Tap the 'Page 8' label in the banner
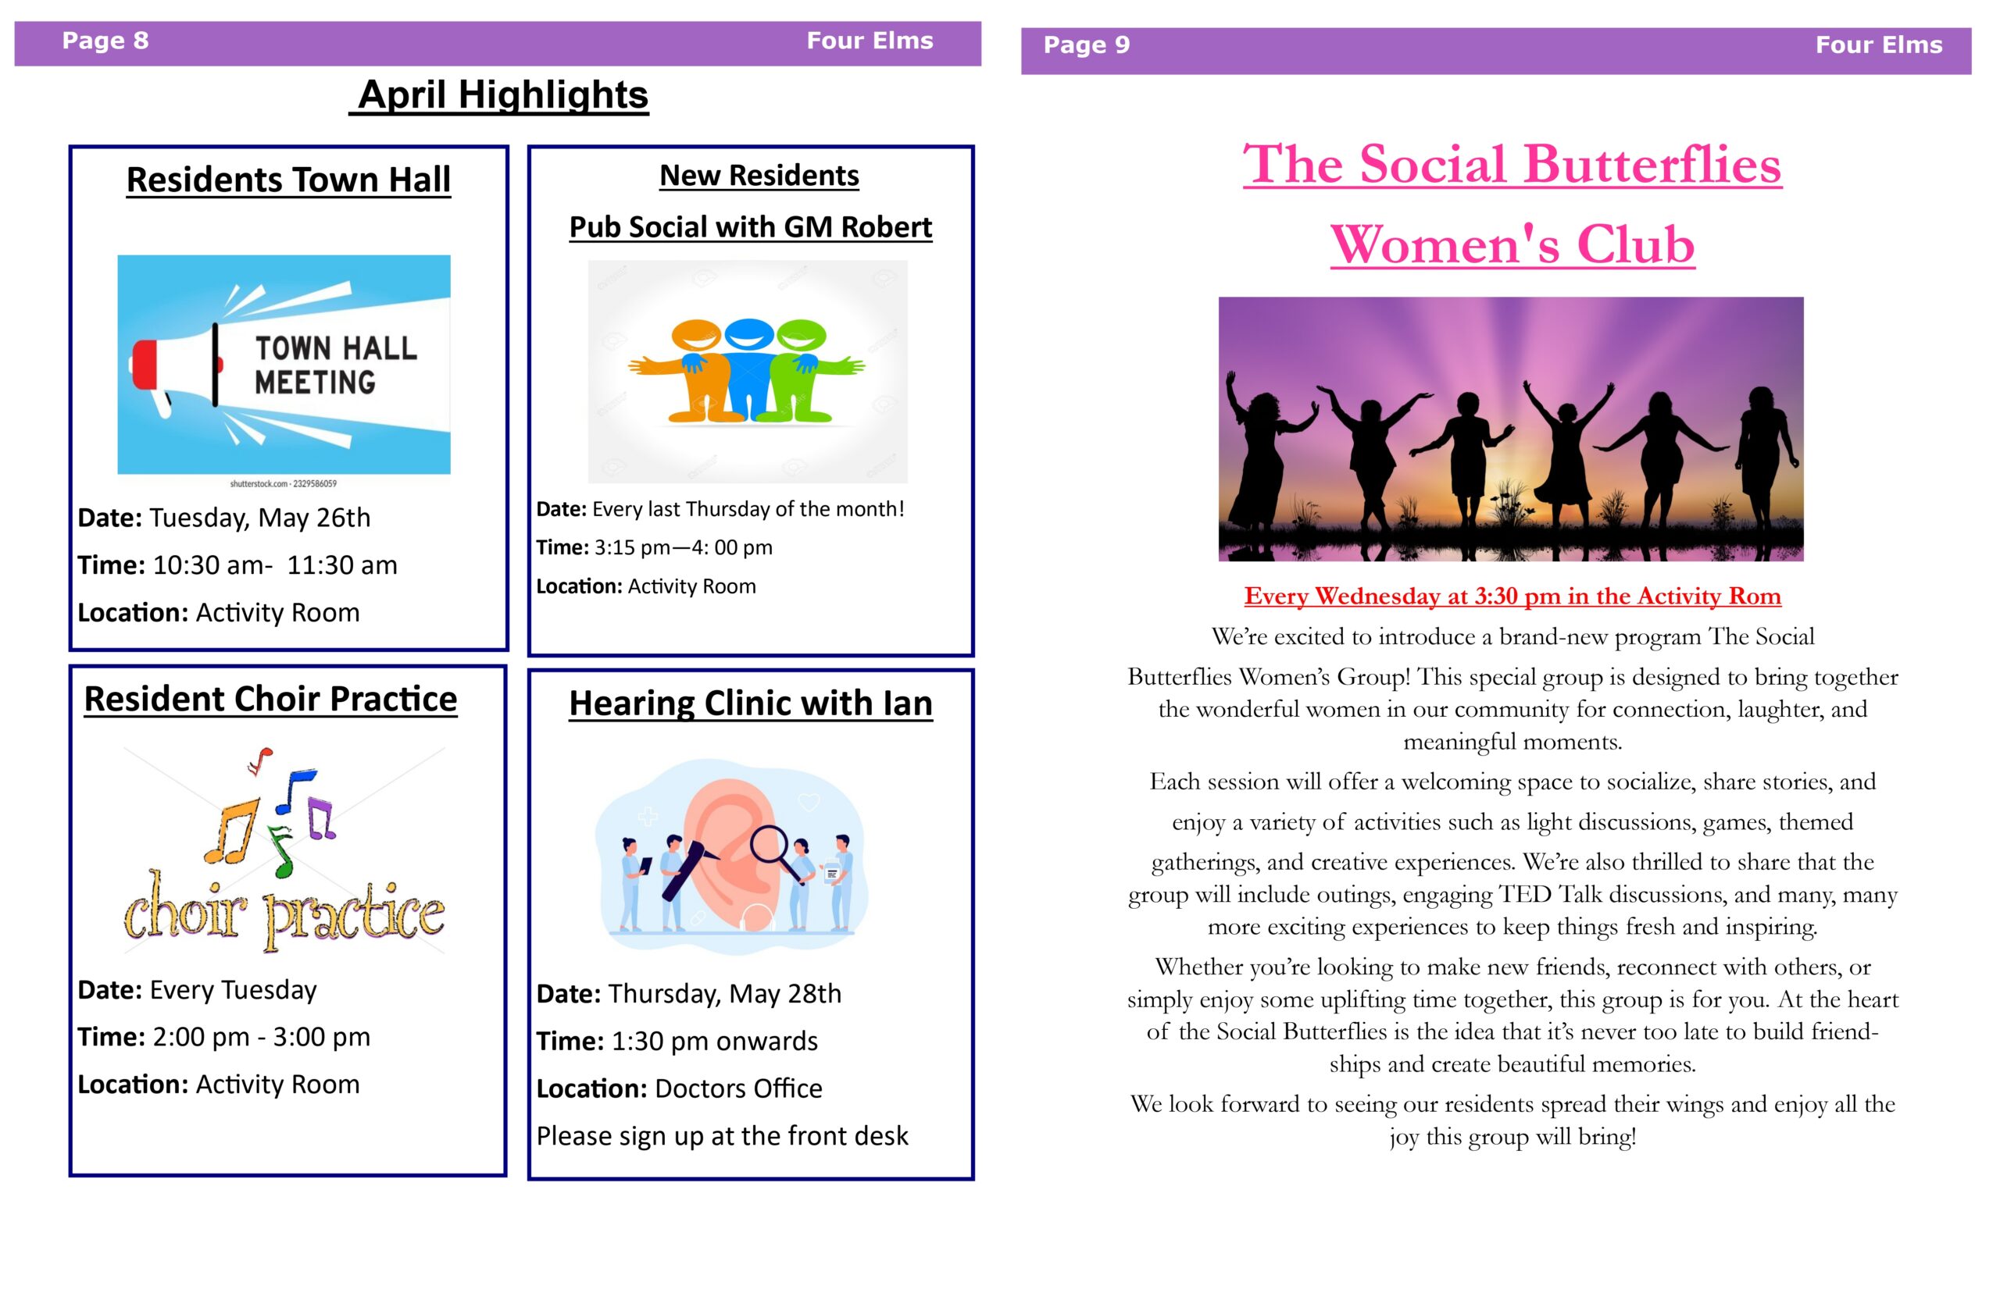tap(105, 41)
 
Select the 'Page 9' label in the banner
tap(1087, 45)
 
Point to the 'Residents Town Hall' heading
tap(288, 180)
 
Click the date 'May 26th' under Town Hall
tap(314, 518)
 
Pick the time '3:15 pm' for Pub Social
tap(632, 547)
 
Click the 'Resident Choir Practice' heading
tap(270, 699)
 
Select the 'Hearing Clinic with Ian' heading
tap(751, 703)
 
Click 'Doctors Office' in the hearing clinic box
tap(738, 1089)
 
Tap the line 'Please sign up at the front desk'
tap(723, 1137)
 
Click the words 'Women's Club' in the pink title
tap(1512, 244)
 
